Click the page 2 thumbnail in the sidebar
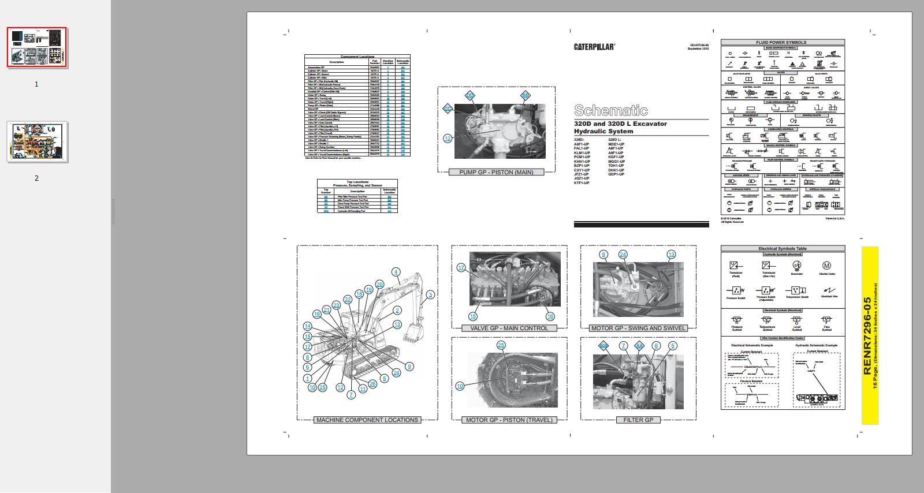(x=37, y=142)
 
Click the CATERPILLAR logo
(x=594, y=47)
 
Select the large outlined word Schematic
(x=611, y=110)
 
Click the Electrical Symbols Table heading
(x=783, y=249)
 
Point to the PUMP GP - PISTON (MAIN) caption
(x=496, y=172)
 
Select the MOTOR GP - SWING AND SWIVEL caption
(x=638, y=328)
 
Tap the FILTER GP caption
(x=638, y=420)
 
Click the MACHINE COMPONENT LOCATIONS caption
(x=367, y=420)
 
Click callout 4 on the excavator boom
(x=396, y=272)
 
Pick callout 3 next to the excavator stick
(x=430, y=295)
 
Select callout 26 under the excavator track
(x=372, y=383)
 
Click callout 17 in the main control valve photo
(x=461, y=268)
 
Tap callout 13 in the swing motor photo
(x=671, y=255)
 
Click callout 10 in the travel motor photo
(x=460, y=386)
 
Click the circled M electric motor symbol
(x=826, y=266)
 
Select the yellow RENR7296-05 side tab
(x=869, y=335)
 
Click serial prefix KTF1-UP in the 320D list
(x=582, y=183)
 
